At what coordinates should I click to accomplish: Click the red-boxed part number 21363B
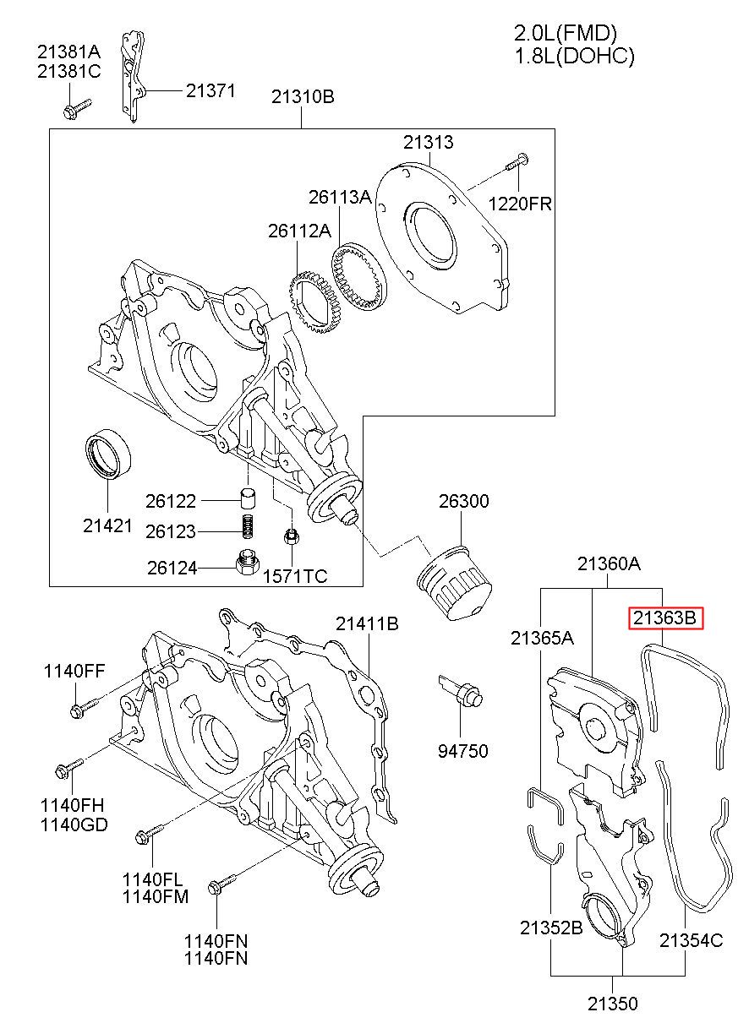[x=665, y=618]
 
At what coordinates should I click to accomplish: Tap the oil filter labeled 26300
[x=454, y=582]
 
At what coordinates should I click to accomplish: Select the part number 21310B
[x=303, y=97]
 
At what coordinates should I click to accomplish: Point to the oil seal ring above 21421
[x=108, y=454]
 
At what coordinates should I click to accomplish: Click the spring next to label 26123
[x=247, y=526]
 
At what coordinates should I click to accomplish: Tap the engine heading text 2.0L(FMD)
[x=566, y=33]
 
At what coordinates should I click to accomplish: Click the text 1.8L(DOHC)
[x=575, y=56]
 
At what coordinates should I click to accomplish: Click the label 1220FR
[x=520, y=204]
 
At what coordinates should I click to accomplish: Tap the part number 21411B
[x=367, y=623]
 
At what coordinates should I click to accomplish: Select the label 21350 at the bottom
[x=612, y=1004]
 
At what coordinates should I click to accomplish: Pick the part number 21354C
[x=691, y=940]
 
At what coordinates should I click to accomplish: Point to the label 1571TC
[x=295, y=576]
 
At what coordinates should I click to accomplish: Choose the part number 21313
[x=429, y=143]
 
